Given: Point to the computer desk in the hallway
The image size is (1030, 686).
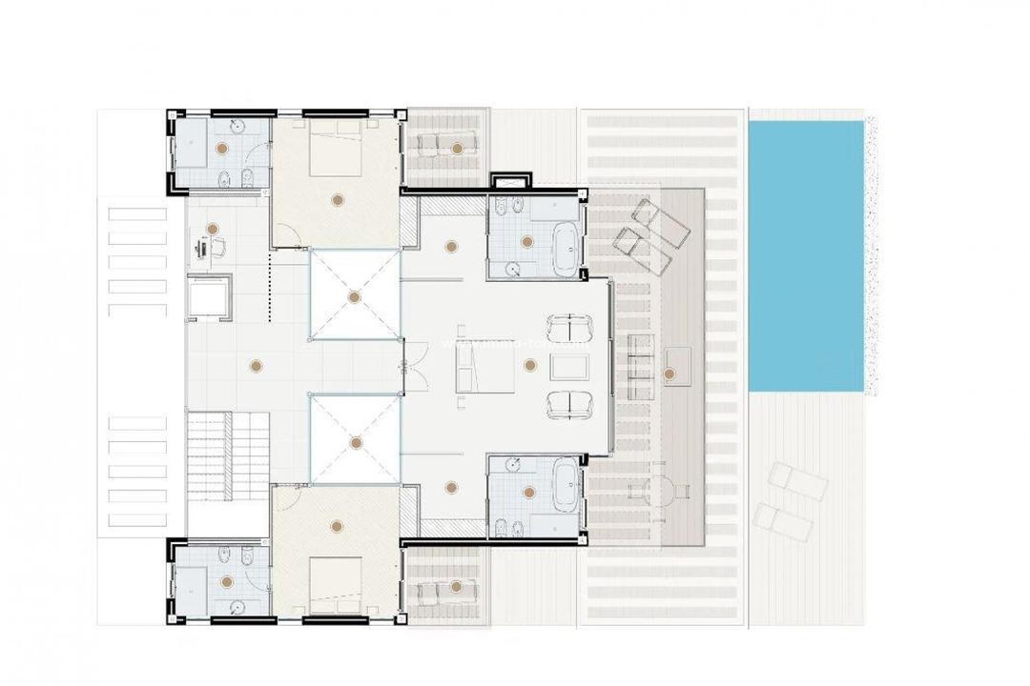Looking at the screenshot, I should coord(204,249).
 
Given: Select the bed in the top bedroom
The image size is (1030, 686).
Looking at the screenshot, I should coord(335,147).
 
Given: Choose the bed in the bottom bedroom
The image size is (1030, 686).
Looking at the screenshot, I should coord(335,583).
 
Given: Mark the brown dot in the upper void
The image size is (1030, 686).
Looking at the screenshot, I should coord(354,297).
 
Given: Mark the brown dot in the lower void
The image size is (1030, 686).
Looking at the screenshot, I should coord(354,443).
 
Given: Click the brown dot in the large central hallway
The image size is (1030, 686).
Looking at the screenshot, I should coord(255,364).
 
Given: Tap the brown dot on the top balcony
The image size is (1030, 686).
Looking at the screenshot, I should coord(459,148).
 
